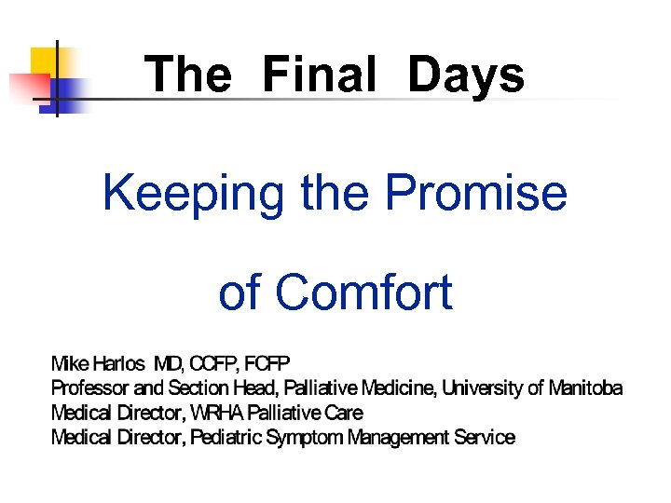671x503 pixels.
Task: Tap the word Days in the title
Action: point(466,75)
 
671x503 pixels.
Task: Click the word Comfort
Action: point(363,292)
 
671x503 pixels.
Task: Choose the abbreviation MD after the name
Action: point(169,362)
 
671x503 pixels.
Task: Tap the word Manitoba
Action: point(585,387)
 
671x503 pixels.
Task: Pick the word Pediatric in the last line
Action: point(226,437)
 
